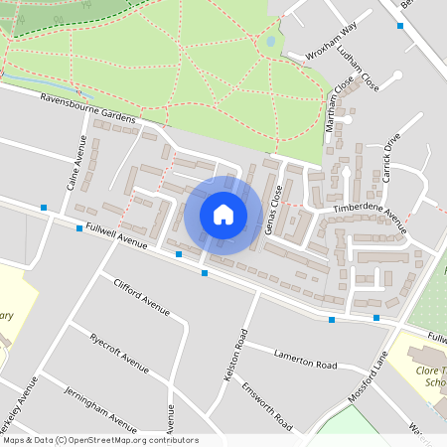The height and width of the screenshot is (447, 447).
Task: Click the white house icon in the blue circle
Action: click(x=223, y=215)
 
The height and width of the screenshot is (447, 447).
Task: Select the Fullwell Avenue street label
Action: click(x=117, y=236)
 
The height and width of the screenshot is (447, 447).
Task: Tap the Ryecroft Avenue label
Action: click(x=118, y=351)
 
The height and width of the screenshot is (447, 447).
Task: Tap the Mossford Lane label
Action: click(x=368, y=372)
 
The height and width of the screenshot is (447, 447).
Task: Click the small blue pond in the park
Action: click(x=270, y=42)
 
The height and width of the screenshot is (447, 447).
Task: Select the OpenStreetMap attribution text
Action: click(x=100, y=440)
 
